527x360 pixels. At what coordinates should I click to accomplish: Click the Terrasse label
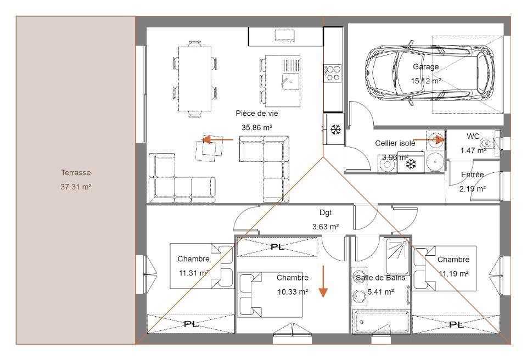(76, 173)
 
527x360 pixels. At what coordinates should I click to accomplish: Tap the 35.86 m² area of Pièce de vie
(257, 127)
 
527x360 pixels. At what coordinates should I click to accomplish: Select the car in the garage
(430, 72)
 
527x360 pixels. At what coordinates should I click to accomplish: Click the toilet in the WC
(487, 143)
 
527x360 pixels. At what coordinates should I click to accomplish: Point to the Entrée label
(472, 175)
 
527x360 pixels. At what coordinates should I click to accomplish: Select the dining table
(194, 79)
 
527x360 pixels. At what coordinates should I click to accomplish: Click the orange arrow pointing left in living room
(217, 139)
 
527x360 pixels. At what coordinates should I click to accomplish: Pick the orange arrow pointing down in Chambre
(323, 282)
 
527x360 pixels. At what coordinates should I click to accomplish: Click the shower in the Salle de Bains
(396, 256)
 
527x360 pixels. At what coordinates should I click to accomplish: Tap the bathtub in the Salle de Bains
(382, 322)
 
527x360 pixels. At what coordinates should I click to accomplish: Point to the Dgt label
(326, 212)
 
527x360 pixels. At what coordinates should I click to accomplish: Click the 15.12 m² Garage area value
(426, 81)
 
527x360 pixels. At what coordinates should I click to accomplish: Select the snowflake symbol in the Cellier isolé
(411, 164)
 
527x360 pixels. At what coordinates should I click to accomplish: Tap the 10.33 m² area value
(293, 292)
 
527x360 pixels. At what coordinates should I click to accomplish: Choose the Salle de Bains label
(380, 278)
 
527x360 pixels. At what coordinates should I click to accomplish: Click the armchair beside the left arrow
(209, 149)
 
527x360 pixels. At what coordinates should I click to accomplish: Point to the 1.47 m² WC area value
(473, 150)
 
